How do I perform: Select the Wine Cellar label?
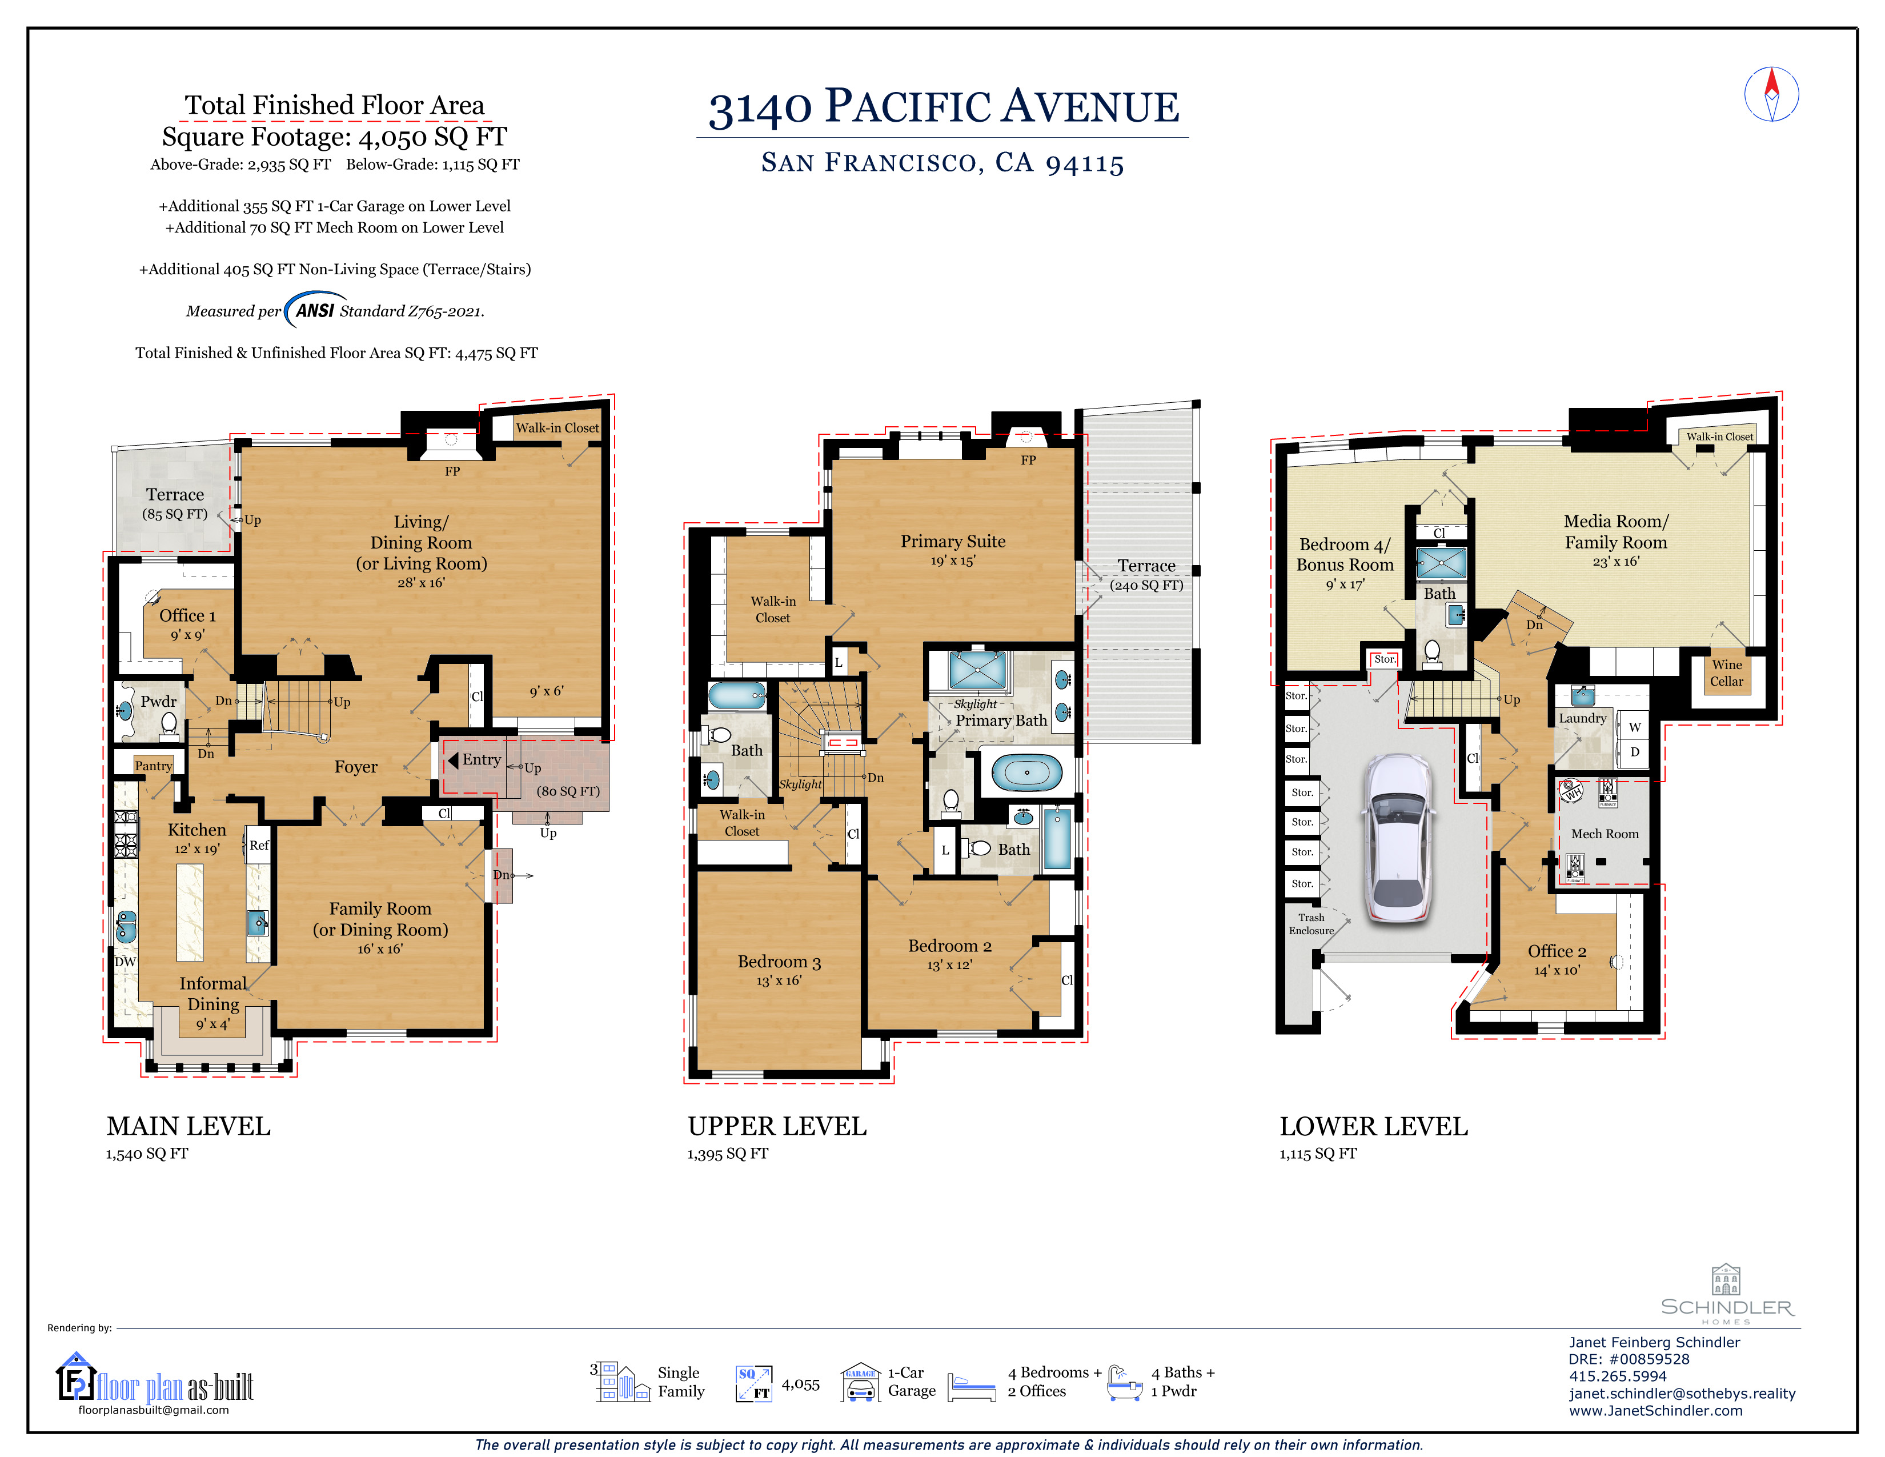pyautogui.click(x=1726, y=673)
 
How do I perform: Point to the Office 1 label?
pyautogui.click(x=187, y=615)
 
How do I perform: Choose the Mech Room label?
pyautogui.click(x=1605, y=834)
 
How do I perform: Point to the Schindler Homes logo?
pyautogui.click(x=1727, y=1295)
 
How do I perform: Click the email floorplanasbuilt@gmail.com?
pyautogui.click(x=154, y=1410)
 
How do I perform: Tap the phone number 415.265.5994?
pyautogui.click(x=1618, y=1376)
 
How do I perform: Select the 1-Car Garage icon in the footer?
pyautogui.click(x=860, y=1382)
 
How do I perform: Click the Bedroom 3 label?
pyautogui.click(x=779, y=962)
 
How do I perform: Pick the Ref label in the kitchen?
pyautogui.click(x=259, y=845)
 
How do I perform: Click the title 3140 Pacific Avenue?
pyautogui.click(x=944, y=107)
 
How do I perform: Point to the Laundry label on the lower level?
pyautogui.click(x=1582, y=718)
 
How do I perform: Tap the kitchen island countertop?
pyautogui.click(x=190, y=912)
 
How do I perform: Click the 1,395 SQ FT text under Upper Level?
pyautogui.click(x=728, y=1154)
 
